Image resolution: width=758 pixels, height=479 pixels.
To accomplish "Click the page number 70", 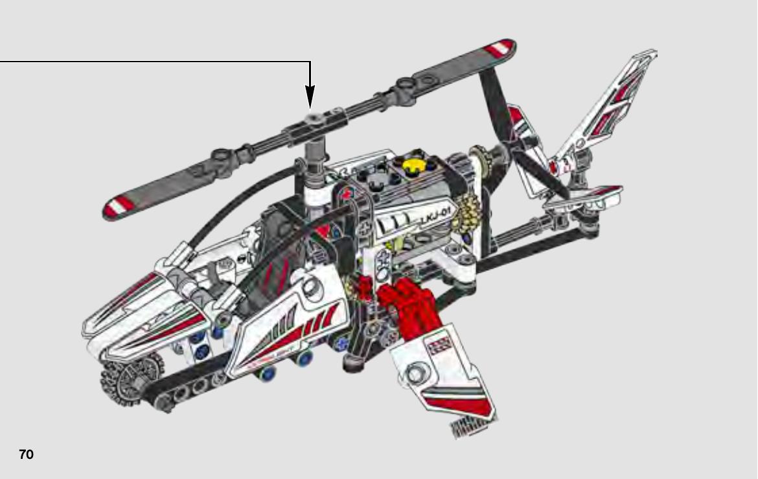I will pyautogui.click(x=26, y=454).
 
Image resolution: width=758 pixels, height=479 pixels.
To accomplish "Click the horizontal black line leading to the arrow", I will pyautogui.click(x=155, y=62).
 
